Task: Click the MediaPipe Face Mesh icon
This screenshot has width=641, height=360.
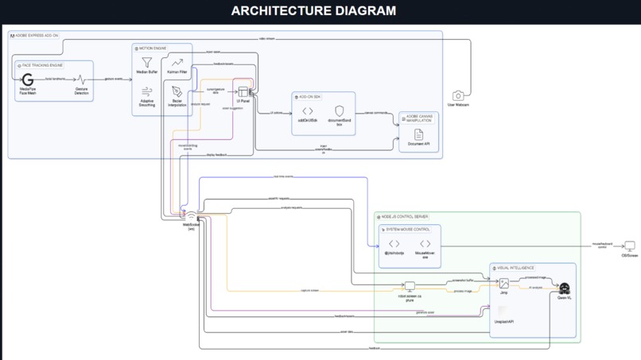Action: pyautogui.click(x=28, y=79)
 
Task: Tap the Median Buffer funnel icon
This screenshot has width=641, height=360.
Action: pyautogui.click(x=146, y=62)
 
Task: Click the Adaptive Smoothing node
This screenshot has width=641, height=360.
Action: pyautogui.click(x=146, y=92)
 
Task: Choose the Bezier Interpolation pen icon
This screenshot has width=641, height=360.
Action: pyautogui.click(x=177, y=92)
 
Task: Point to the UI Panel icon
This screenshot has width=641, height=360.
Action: pyautogui.click(x=243, y=92)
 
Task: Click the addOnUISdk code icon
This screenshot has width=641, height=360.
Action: pyautogui.click(x=307, y=111)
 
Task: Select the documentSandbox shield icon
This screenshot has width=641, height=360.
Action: pyautogui.click(x=340, y=111)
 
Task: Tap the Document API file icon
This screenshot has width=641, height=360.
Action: pyautogui.click(x=418, y=135)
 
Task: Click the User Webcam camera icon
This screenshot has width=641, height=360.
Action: pyautogui.click(x=457, y=96)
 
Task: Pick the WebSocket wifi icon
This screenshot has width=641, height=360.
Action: pyautogui.click(x=191, y=216)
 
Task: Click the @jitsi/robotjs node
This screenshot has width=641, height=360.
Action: pyautogui.click(x=394, y=245)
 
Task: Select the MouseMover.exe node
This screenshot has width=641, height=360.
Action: pyautogui.click(x=425, y=245)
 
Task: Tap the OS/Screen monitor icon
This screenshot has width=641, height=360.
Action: pyautogui.click(x=629, y=247)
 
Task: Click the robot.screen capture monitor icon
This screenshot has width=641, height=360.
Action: pyautogui.click(x=410, y=286)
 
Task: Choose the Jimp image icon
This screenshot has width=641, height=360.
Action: pyautogui.click(x=503, y=284)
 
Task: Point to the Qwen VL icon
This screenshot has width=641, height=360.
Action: pyautogui.click(x=565, y=288)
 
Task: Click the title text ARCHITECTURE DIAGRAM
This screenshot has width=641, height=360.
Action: pyautogui.click(x=313, y=11)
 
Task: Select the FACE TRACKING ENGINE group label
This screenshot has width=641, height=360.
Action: pyautogui.click(x=43, y=65)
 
